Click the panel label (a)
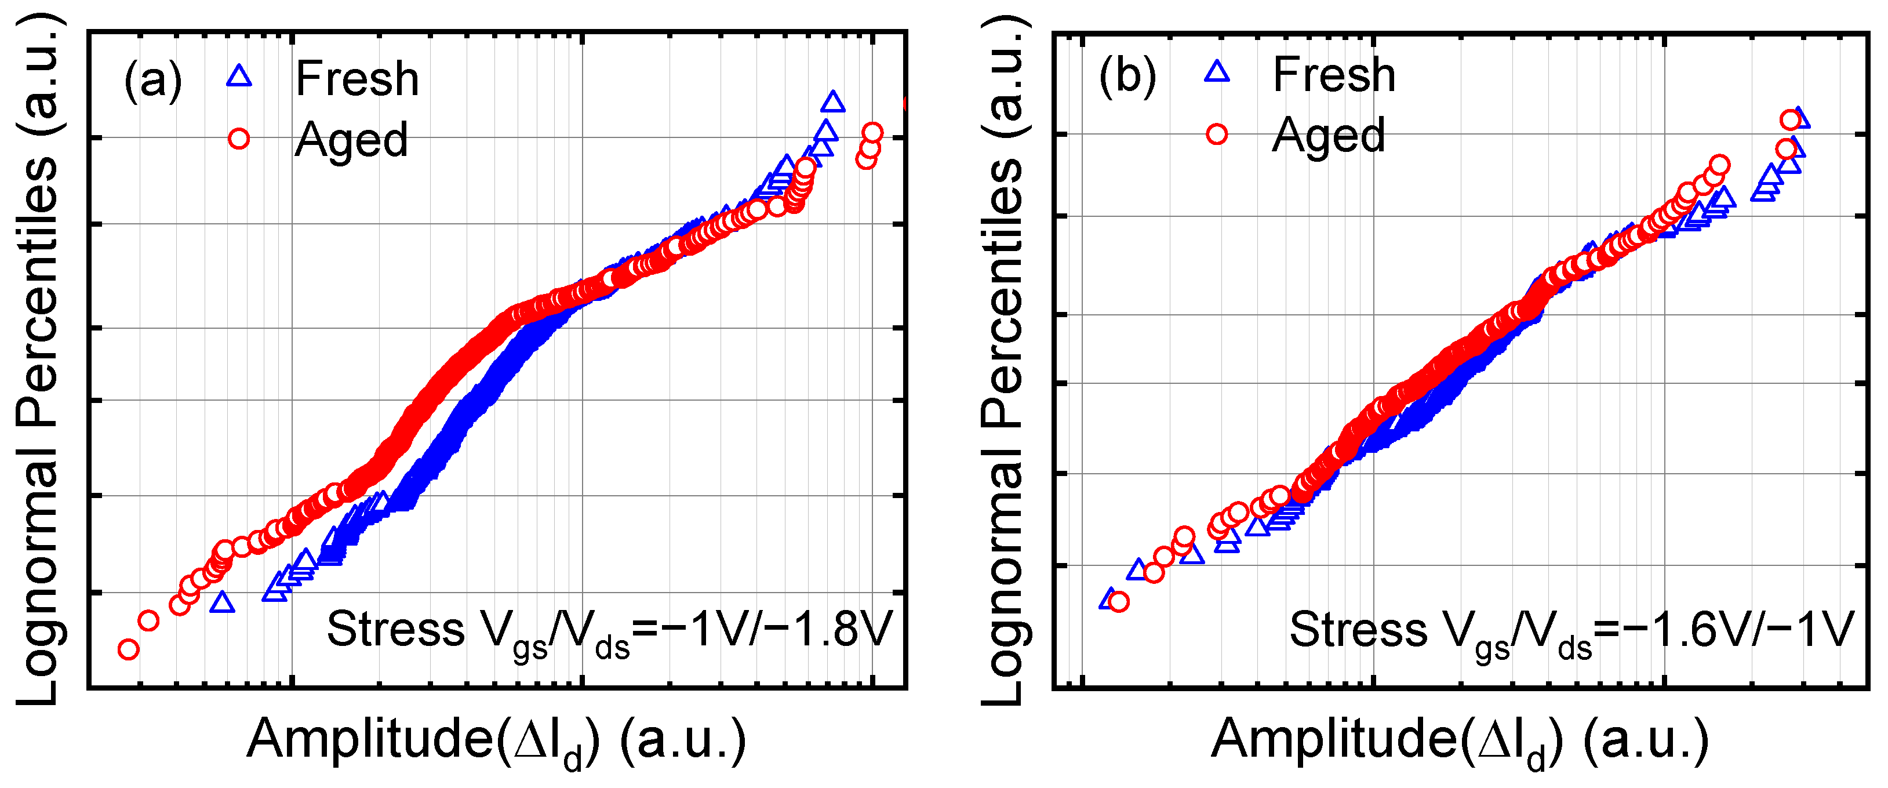(152, 79)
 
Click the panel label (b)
(1127, 75)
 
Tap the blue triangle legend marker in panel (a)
(239, 75)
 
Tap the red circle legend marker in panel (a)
(239, 139)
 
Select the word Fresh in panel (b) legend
(1334, 75)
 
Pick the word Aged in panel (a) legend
(351, 140)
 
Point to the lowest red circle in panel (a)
(128, 649)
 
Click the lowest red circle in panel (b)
(1118, 602)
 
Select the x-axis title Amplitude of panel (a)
(496, 740)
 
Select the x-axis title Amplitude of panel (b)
(1460, 740)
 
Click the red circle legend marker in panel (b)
(1217, 134)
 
